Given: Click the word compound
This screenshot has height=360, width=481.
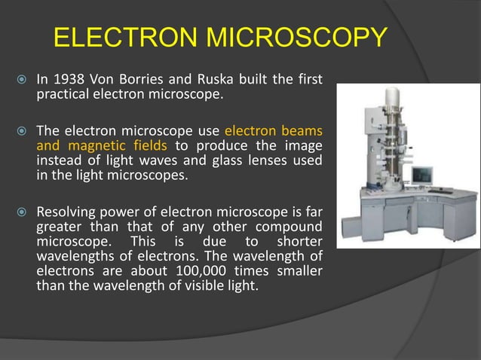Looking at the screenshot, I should coord(287,227).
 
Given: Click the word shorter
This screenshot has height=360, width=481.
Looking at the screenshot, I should coord(296,242).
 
